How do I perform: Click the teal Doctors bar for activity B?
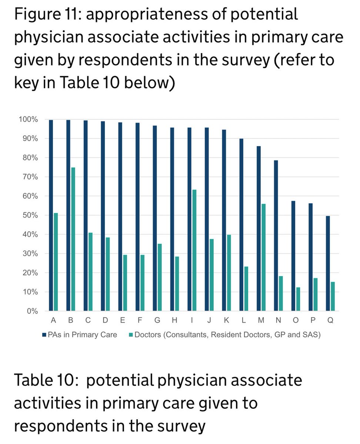point(73,239)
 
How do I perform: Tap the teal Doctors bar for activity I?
point(194,250)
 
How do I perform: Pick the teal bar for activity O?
point(298,299)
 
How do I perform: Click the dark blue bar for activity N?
point(276,235)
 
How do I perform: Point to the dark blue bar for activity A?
point(51,215)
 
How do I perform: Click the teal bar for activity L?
point(246,289)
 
